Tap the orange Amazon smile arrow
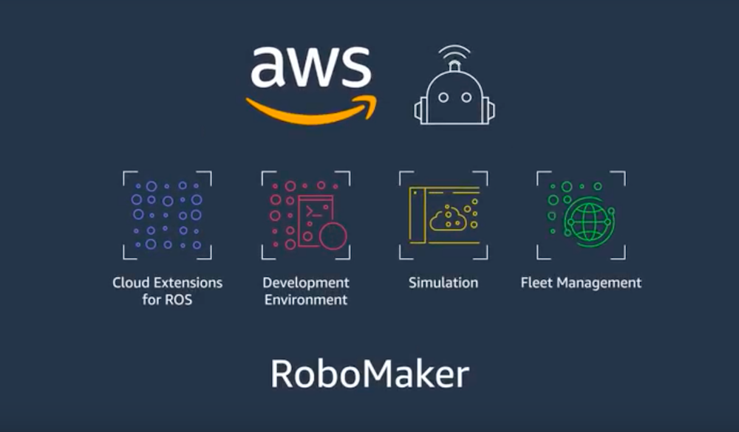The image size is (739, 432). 310,111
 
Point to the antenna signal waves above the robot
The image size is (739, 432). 454,53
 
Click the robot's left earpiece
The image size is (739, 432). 419,111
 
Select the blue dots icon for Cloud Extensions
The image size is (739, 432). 167,215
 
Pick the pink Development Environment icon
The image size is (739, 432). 305,215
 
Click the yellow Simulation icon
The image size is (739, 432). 443,215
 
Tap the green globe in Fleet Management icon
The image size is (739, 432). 589,222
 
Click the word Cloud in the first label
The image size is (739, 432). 132,283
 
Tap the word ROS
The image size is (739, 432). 179,301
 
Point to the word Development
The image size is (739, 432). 305,283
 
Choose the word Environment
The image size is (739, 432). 305,301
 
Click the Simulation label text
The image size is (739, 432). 443,283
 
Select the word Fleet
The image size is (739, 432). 537,283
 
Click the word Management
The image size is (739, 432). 599,283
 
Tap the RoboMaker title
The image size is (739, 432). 369,374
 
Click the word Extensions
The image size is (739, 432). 189,283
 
